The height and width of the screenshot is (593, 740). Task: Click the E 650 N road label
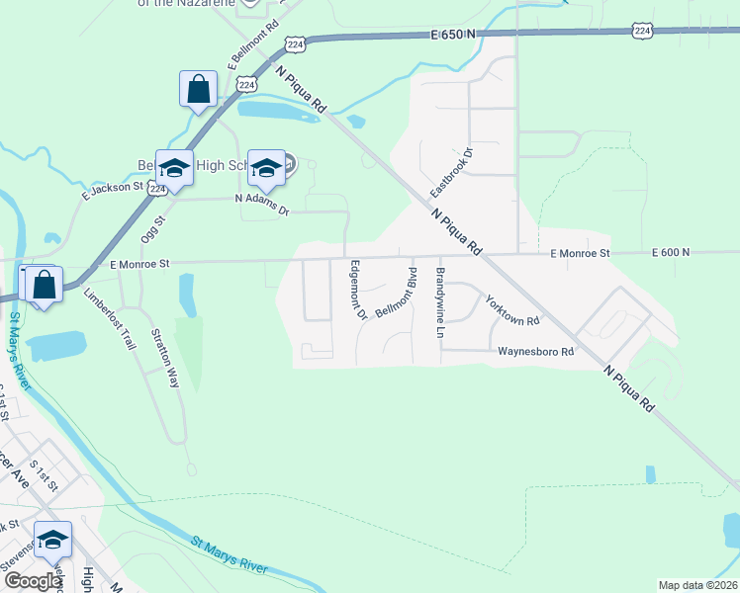[453, 34]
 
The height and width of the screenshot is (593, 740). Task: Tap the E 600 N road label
[671, 253]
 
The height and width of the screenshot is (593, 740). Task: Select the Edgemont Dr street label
[357, 290]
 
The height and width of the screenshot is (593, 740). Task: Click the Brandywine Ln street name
[440, 302]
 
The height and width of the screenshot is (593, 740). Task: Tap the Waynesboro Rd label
[535, 351]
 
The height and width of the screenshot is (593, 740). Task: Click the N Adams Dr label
[261, 205]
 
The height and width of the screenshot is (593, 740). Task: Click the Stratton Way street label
[164, 357]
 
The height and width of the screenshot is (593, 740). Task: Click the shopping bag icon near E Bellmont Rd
[198, 89]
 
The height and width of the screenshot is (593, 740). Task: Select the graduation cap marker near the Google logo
[52, 540]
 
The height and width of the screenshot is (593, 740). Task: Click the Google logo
[32, 581]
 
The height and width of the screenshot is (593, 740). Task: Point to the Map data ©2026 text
[697, 585]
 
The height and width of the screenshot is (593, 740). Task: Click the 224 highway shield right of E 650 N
[643, 31]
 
